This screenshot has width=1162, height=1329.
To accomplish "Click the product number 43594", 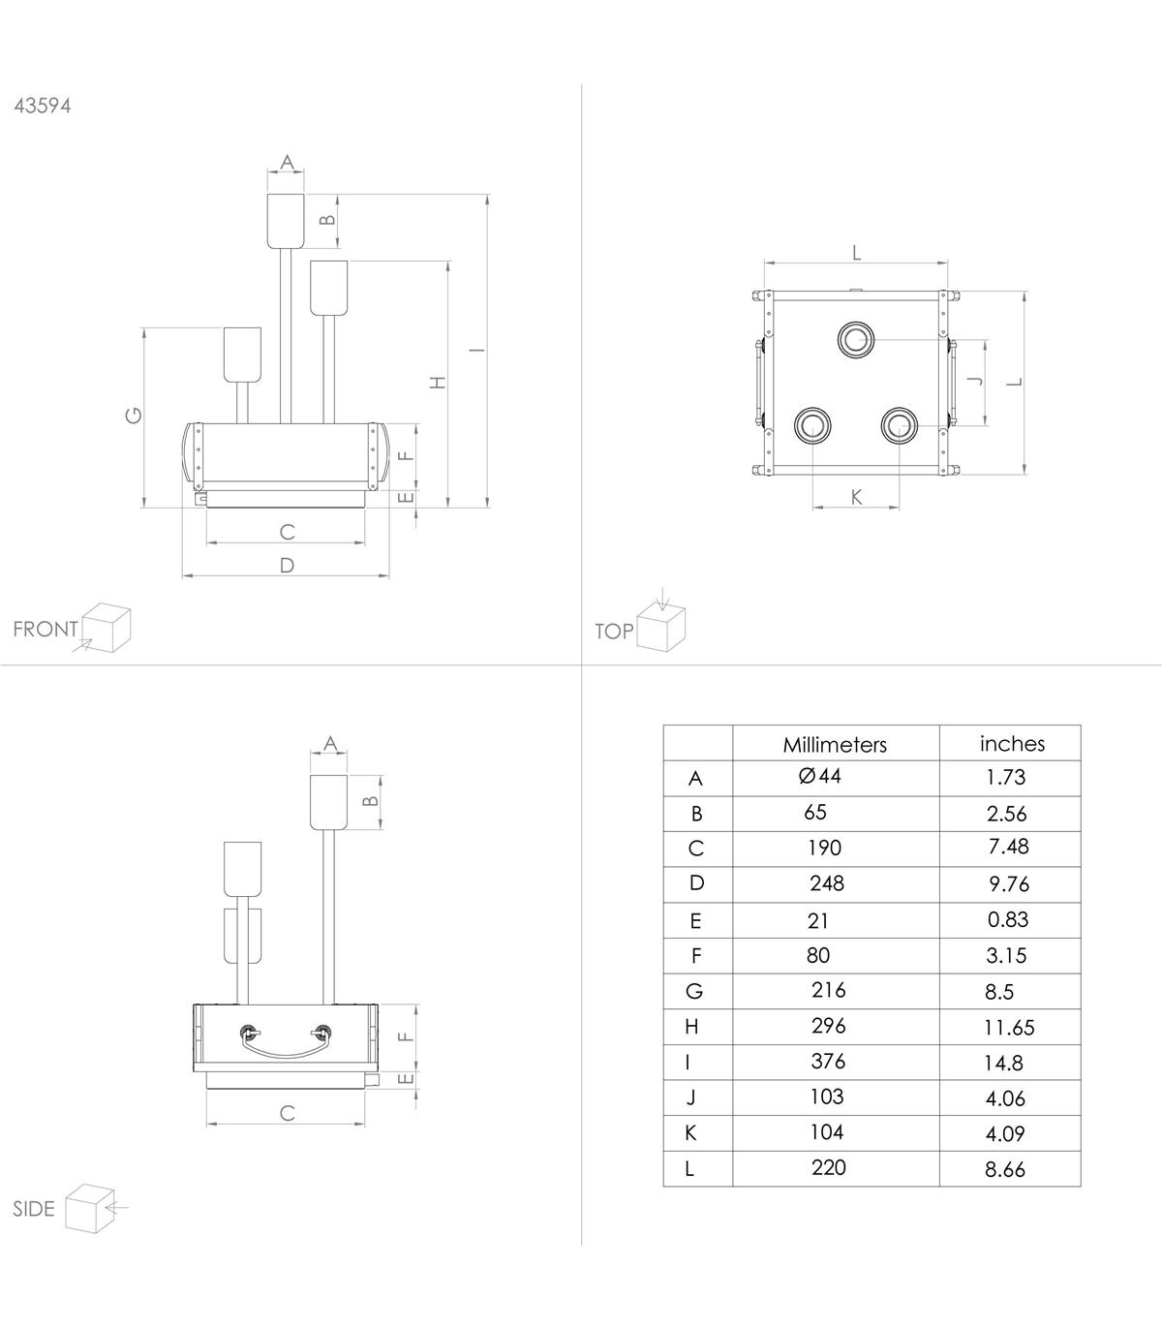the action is pos(43,106).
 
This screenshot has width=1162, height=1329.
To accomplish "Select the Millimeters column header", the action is pos(835,744).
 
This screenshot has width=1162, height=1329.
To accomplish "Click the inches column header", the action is pos(1012,743).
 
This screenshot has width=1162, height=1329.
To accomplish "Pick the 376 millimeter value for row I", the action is pos(828,1061).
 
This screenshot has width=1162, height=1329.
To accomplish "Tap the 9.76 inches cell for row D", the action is pos(1009,883).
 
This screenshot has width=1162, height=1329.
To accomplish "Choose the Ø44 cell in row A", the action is pos(819,776).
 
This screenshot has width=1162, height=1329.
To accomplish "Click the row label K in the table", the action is pos(690,1132).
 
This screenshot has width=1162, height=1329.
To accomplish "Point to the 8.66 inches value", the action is pos(1005,1169).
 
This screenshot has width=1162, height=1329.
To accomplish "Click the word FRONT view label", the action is pos(46,629).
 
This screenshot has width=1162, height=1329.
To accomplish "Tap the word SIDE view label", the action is pos(34,1208).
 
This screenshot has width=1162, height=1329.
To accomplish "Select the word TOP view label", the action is pos(614,632).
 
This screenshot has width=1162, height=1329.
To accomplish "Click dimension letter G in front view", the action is pos(133,415).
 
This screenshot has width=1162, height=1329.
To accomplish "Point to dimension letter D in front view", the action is pos(287,565).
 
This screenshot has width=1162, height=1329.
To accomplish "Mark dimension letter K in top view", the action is pos(856,497).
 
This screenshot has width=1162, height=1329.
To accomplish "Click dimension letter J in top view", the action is pos(975,381).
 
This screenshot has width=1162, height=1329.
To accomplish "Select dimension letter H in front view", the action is pos(439,383).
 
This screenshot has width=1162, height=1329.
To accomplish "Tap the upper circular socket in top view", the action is pos(856,340).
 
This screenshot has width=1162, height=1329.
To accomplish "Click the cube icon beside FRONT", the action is pos(106,628).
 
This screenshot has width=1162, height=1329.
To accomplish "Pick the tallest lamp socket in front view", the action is pos(286,221).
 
